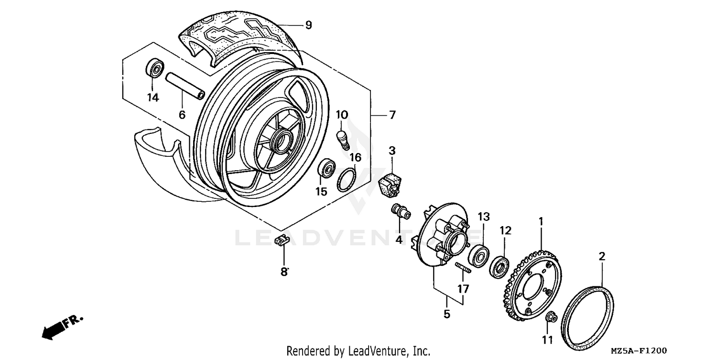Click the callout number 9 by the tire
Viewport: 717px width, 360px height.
pyautogui.click(x=308, y=25)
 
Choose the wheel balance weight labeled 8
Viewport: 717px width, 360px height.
pyautogui.click(x=282, y=240)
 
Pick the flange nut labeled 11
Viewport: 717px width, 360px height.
pyautogui.click(x=551, y=317)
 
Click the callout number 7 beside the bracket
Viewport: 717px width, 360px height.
pyautogui.click(x=391, y=115)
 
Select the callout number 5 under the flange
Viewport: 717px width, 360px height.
pyautogui.click(x=446, y=314)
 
